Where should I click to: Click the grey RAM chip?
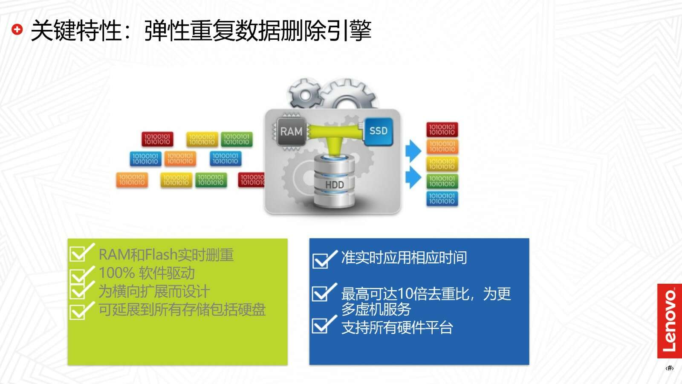(x=292, y=132)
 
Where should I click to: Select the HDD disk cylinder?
(x=334, y=181)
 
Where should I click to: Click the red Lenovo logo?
(x=669, y=321)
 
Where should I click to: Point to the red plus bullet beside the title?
(x=17, y=29)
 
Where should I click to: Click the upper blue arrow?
(x=413, y=151)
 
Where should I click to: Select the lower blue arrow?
(x=413, y=177)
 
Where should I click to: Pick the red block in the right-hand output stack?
(x=442, y=130)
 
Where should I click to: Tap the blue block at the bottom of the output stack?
(x=442, y=198)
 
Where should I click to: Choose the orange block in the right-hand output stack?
(x=442, y=147)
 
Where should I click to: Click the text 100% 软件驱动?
(x=147, y=273)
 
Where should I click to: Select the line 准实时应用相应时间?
(x=404, y=258)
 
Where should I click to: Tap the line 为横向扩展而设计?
(x=154, y=291)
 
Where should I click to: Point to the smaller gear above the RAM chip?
(x=305, y=94)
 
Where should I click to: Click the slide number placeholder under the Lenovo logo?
(x=670, y=368)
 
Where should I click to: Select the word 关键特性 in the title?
(x=76, y=30)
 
